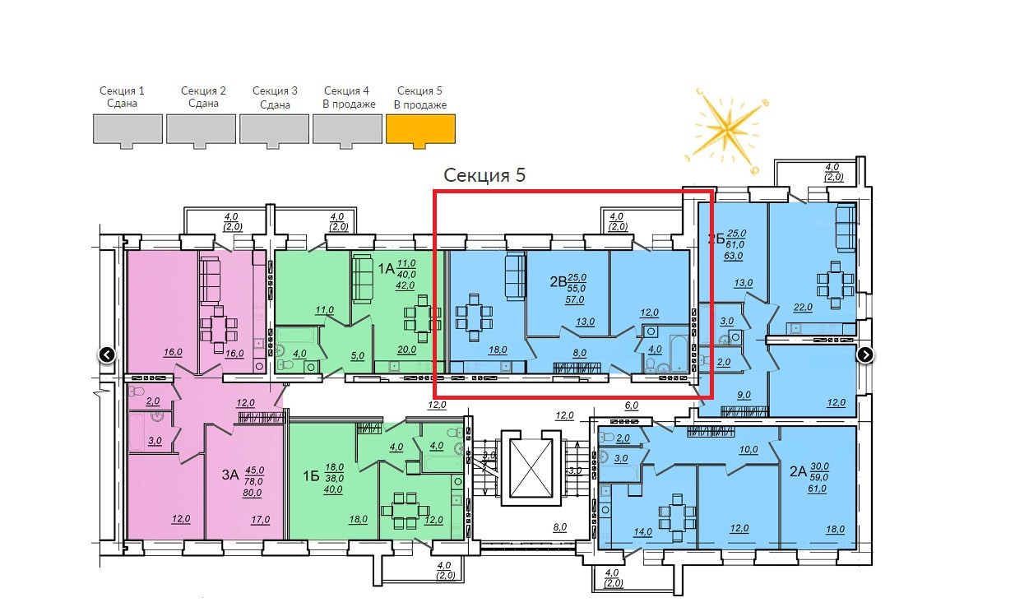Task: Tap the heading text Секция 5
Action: [x=484, y=175]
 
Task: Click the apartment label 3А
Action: [x=229, y=475]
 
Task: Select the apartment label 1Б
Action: [x=310, y=475]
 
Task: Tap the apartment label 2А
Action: [x=797, y=471]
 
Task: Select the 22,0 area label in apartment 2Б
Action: [x=802, y=307]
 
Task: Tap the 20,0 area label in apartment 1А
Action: [x=406, y=349]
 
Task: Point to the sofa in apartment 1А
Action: [x=362, y=279]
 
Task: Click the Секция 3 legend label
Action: [x=275, y=97]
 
